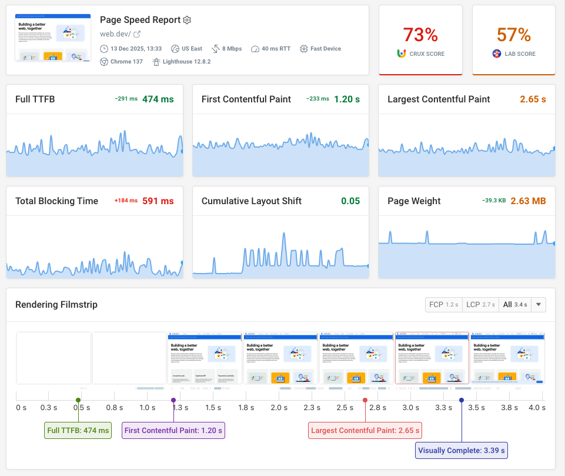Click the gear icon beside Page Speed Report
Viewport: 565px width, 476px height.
pos(188,20)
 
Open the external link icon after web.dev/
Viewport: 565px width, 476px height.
pos(137,34)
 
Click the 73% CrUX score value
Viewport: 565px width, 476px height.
pos(420,35)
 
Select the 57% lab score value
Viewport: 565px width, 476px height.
pos(513,35)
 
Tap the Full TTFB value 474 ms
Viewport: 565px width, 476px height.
pos(158,99)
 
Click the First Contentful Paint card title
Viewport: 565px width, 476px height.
pos(246,99)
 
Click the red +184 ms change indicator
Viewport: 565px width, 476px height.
pos(126,201)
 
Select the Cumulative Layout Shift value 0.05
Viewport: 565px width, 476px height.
pos(350,201)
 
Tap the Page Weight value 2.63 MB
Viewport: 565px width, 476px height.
pos(528,201)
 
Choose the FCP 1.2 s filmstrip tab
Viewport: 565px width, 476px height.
pos(444,305)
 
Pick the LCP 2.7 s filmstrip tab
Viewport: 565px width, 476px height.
pos(480,305)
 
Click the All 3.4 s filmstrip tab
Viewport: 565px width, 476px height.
pos(514,305)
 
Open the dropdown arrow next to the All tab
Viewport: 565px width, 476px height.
pos(540,305)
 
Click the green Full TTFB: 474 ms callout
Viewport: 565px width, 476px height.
pos(78,430)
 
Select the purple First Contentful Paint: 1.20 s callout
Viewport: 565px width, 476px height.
pos(173,430)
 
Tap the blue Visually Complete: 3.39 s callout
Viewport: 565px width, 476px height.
pos(462,451)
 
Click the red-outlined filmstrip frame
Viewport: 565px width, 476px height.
pos(432,358)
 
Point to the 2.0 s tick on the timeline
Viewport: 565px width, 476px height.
pos(279,407)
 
